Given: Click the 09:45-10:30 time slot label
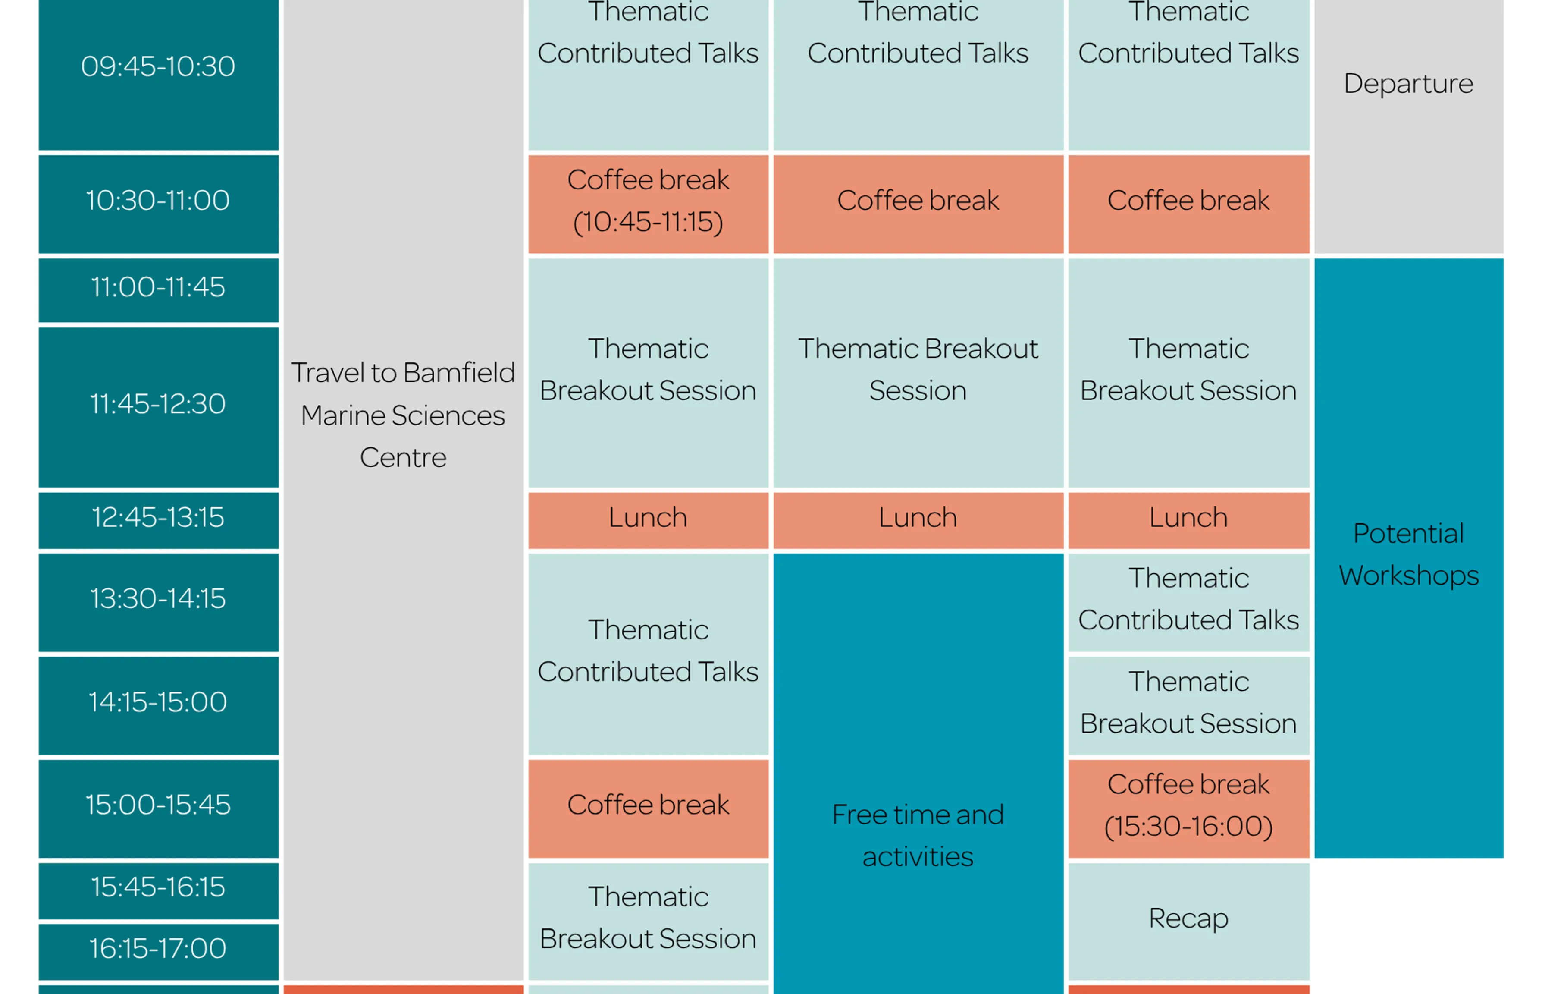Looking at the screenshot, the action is click(x=158, y=66).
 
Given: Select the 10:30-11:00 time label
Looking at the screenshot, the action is click(x=158, y=200).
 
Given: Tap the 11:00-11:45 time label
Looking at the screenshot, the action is click(x=158, y=286).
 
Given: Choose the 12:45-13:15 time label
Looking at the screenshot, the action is click(x=158, y=517).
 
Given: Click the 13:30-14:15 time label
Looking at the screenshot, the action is click(x=158, y=598).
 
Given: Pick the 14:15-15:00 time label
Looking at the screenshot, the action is click(x=158, y=701).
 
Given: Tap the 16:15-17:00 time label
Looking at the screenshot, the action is click(x=158, y=948).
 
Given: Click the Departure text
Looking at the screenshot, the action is click(x=1408, y=84).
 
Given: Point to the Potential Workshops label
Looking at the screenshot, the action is click(x=1408, y=554).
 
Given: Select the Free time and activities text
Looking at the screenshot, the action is click(x=918, y=835).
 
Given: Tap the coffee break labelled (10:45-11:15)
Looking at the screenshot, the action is click(x=649, y=201).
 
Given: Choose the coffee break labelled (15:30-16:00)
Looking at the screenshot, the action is click(x=1188, y=805).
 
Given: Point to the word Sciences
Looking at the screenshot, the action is click(x=448, y=415).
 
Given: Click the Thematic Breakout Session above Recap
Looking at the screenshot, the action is click(x=1188, y=702).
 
